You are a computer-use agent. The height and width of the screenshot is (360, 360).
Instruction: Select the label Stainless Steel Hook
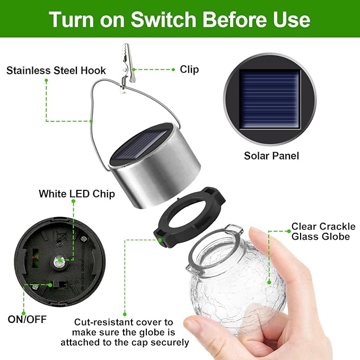point(56,71)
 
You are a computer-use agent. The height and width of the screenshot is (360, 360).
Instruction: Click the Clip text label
point(189,69)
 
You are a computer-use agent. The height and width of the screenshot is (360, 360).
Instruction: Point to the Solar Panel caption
point(271,156)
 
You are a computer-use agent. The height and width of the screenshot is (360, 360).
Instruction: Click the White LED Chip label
point(77,194)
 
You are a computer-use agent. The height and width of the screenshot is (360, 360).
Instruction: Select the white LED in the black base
point(58,259)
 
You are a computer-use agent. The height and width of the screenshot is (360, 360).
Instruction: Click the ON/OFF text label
point(27,319)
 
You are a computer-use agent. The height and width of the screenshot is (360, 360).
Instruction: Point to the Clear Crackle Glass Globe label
point(323,231)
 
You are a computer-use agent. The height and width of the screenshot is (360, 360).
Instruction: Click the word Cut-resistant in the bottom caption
point(99,322)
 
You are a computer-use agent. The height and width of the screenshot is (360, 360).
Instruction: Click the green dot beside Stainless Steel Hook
point(47,81)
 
